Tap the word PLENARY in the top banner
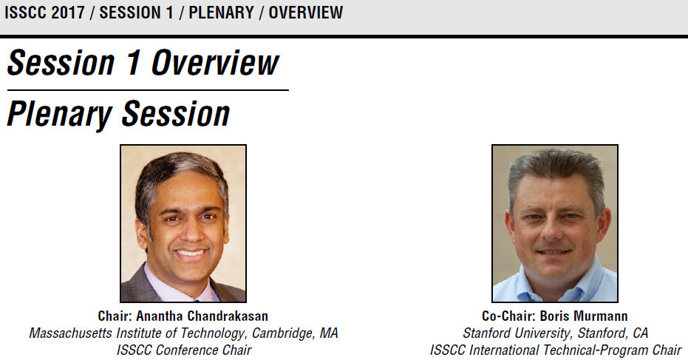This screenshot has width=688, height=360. click(222, 13)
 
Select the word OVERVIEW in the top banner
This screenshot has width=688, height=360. click(306, 13)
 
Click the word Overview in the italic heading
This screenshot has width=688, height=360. click(215, 63)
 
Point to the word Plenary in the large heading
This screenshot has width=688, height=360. click(60, 114)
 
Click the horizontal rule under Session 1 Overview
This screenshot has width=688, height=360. click(148, 90)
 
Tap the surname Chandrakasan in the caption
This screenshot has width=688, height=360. click(228, 316)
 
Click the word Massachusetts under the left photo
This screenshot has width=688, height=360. click(71, 333)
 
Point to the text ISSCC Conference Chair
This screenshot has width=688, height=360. click(184, 350)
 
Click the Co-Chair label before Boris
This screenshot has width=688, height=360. click(508, 316)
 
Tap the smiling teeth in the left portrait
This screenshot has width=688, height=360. click(190, 254)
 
